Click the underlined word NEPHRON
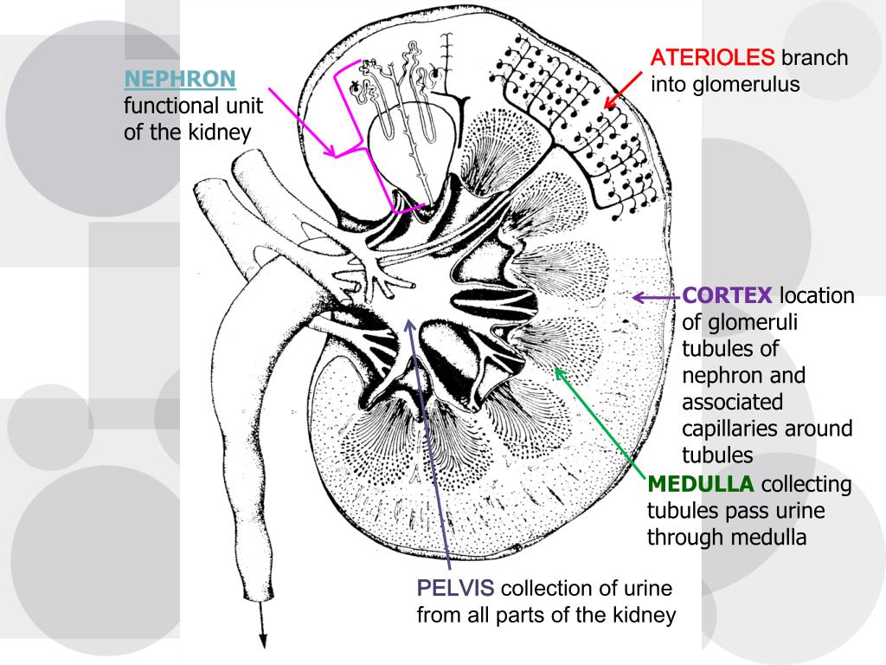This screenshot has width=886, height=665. click(180, 80)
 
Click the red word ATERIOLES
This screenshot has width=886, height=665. click(712, 58)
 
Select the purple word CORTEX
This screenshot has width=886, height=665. click(728, 296)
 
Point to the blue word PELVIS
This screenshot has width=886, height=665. click(455, 589)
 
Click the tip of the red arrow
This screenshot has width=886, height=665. click(605, 108)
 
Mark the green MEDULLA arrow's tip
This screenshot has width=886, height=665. click(555, 369)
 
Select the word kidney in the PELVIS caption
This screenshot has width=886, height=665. click(644, 616)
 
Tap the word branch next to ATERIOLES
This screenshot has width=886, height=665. click(814, 58)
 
